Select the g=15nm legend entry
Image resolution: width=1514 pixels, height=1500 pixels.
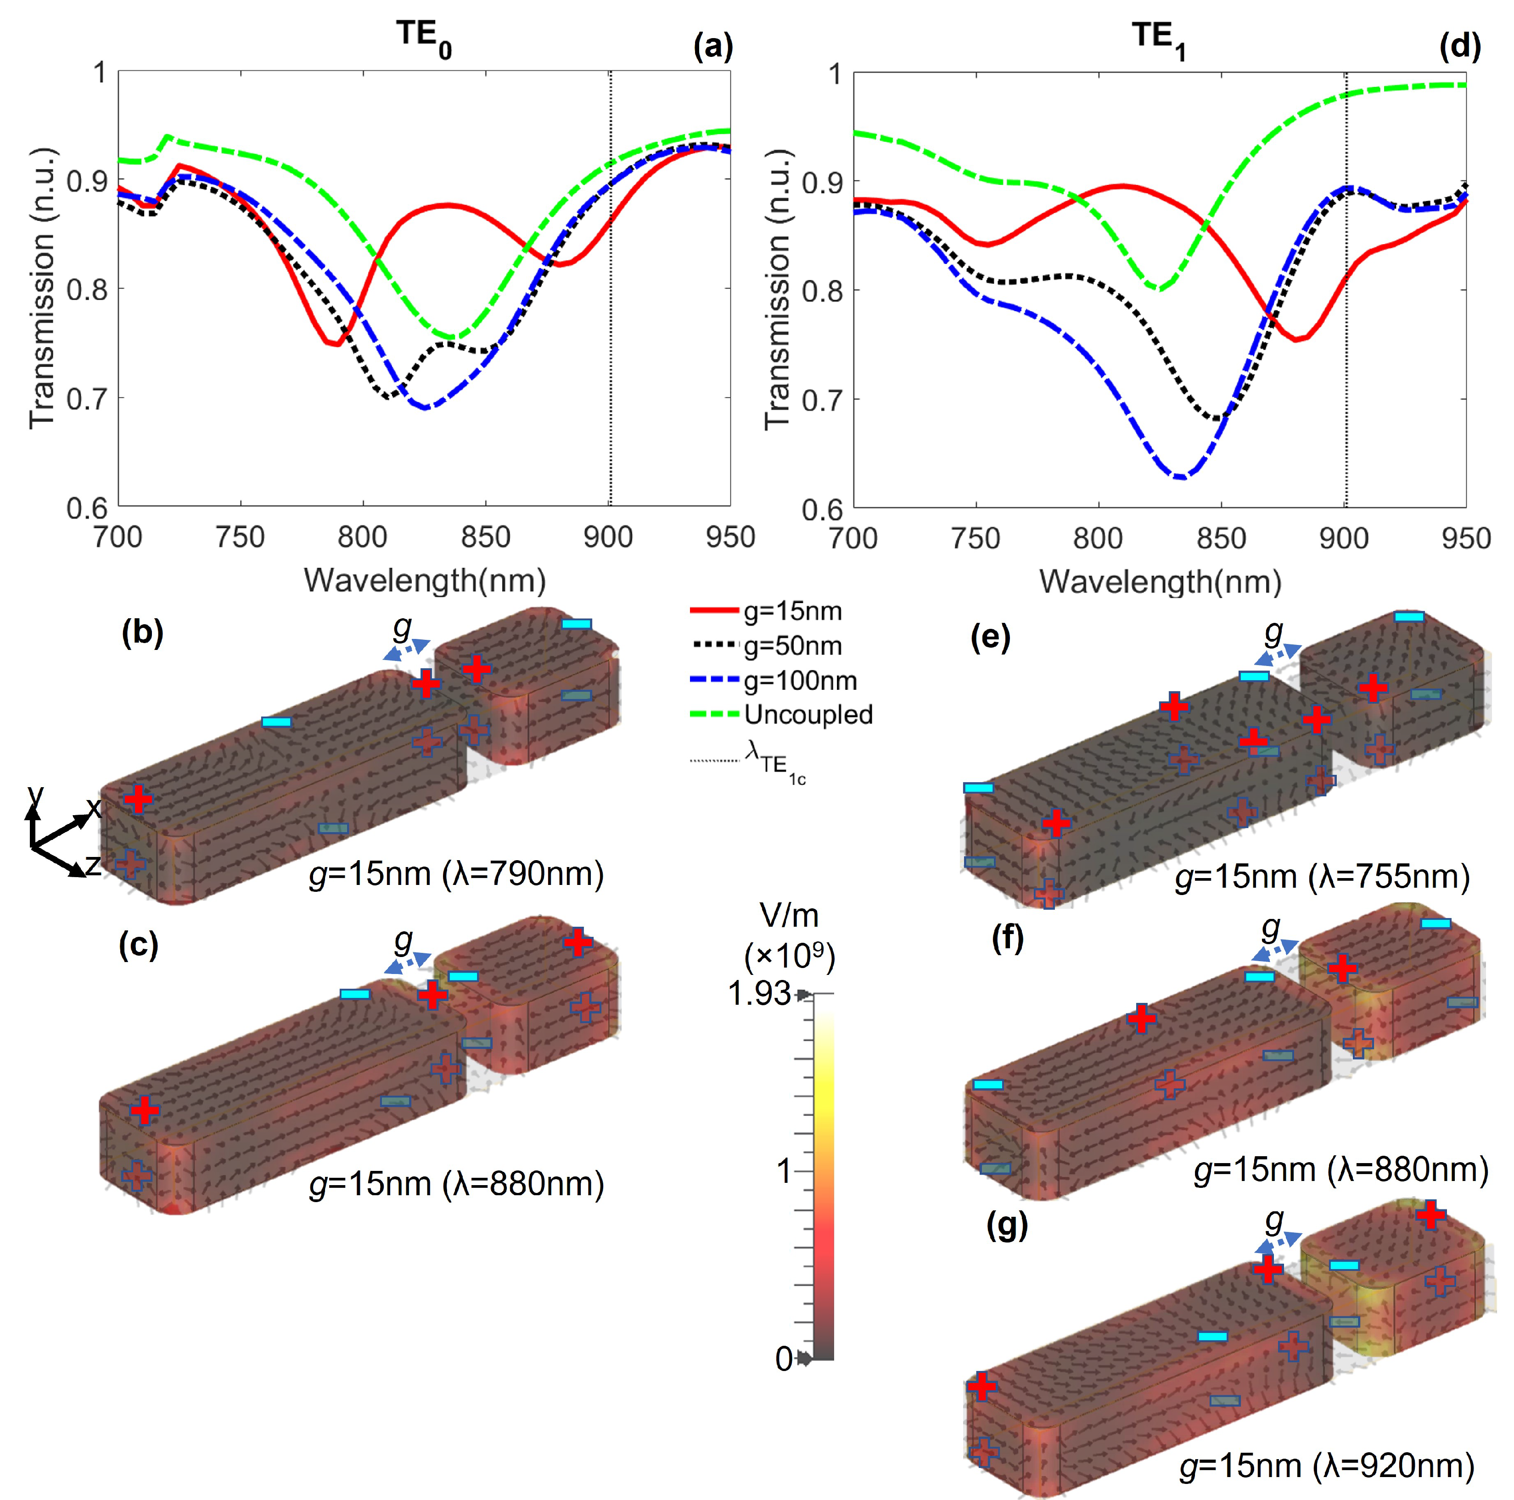pyautogui.click(x=791, y=611)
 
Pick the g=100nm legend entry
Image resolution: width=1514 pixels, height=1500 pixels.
pyautogui.click(x=799, y=680)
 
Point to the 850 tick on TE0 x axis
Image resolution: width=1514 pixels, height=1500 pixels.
pyautogui.click(x=486, y=537)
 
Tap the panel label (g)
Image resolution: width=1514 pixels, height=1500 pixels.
pyautogui.click(x=1007, y=1226)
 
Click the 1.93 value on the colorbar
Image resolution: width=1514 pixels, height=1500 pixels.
pyautogui.click(x=758, y=994)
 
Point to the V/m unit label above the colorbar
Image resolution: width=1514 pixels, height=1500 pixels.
pyautogui.click(x=789, y=915)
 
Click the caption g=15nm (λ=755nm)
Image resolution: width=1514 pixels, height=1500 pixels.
pyautogui.click(x=1322, y=876)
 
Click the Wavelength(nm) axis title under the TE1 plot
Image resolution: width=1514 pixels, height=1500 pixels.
pyautogui.click(x=1160, y=582)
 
